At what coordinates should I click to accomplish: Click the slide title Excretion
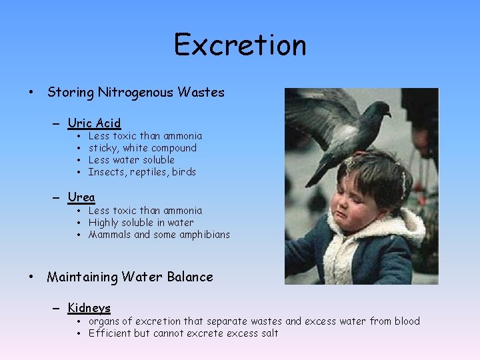click(x=240, y=45)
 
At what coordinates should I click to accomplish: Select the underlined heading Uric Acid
click(x=94, y=123)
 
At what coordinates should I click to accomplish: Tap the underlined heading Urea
click(x=81, y=197)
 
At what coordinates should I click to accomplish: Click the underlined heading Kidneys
click(x=89, y=308)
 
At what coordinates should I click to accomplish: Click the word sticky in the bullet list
click(x=103, y=148)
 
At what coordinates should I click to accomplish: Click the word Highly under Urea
click(x=103, y=223)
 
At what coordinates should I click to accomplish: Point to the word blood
click(x=405, y=321)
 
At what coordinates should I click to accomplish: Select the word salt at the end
click(x=269, y=333)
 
